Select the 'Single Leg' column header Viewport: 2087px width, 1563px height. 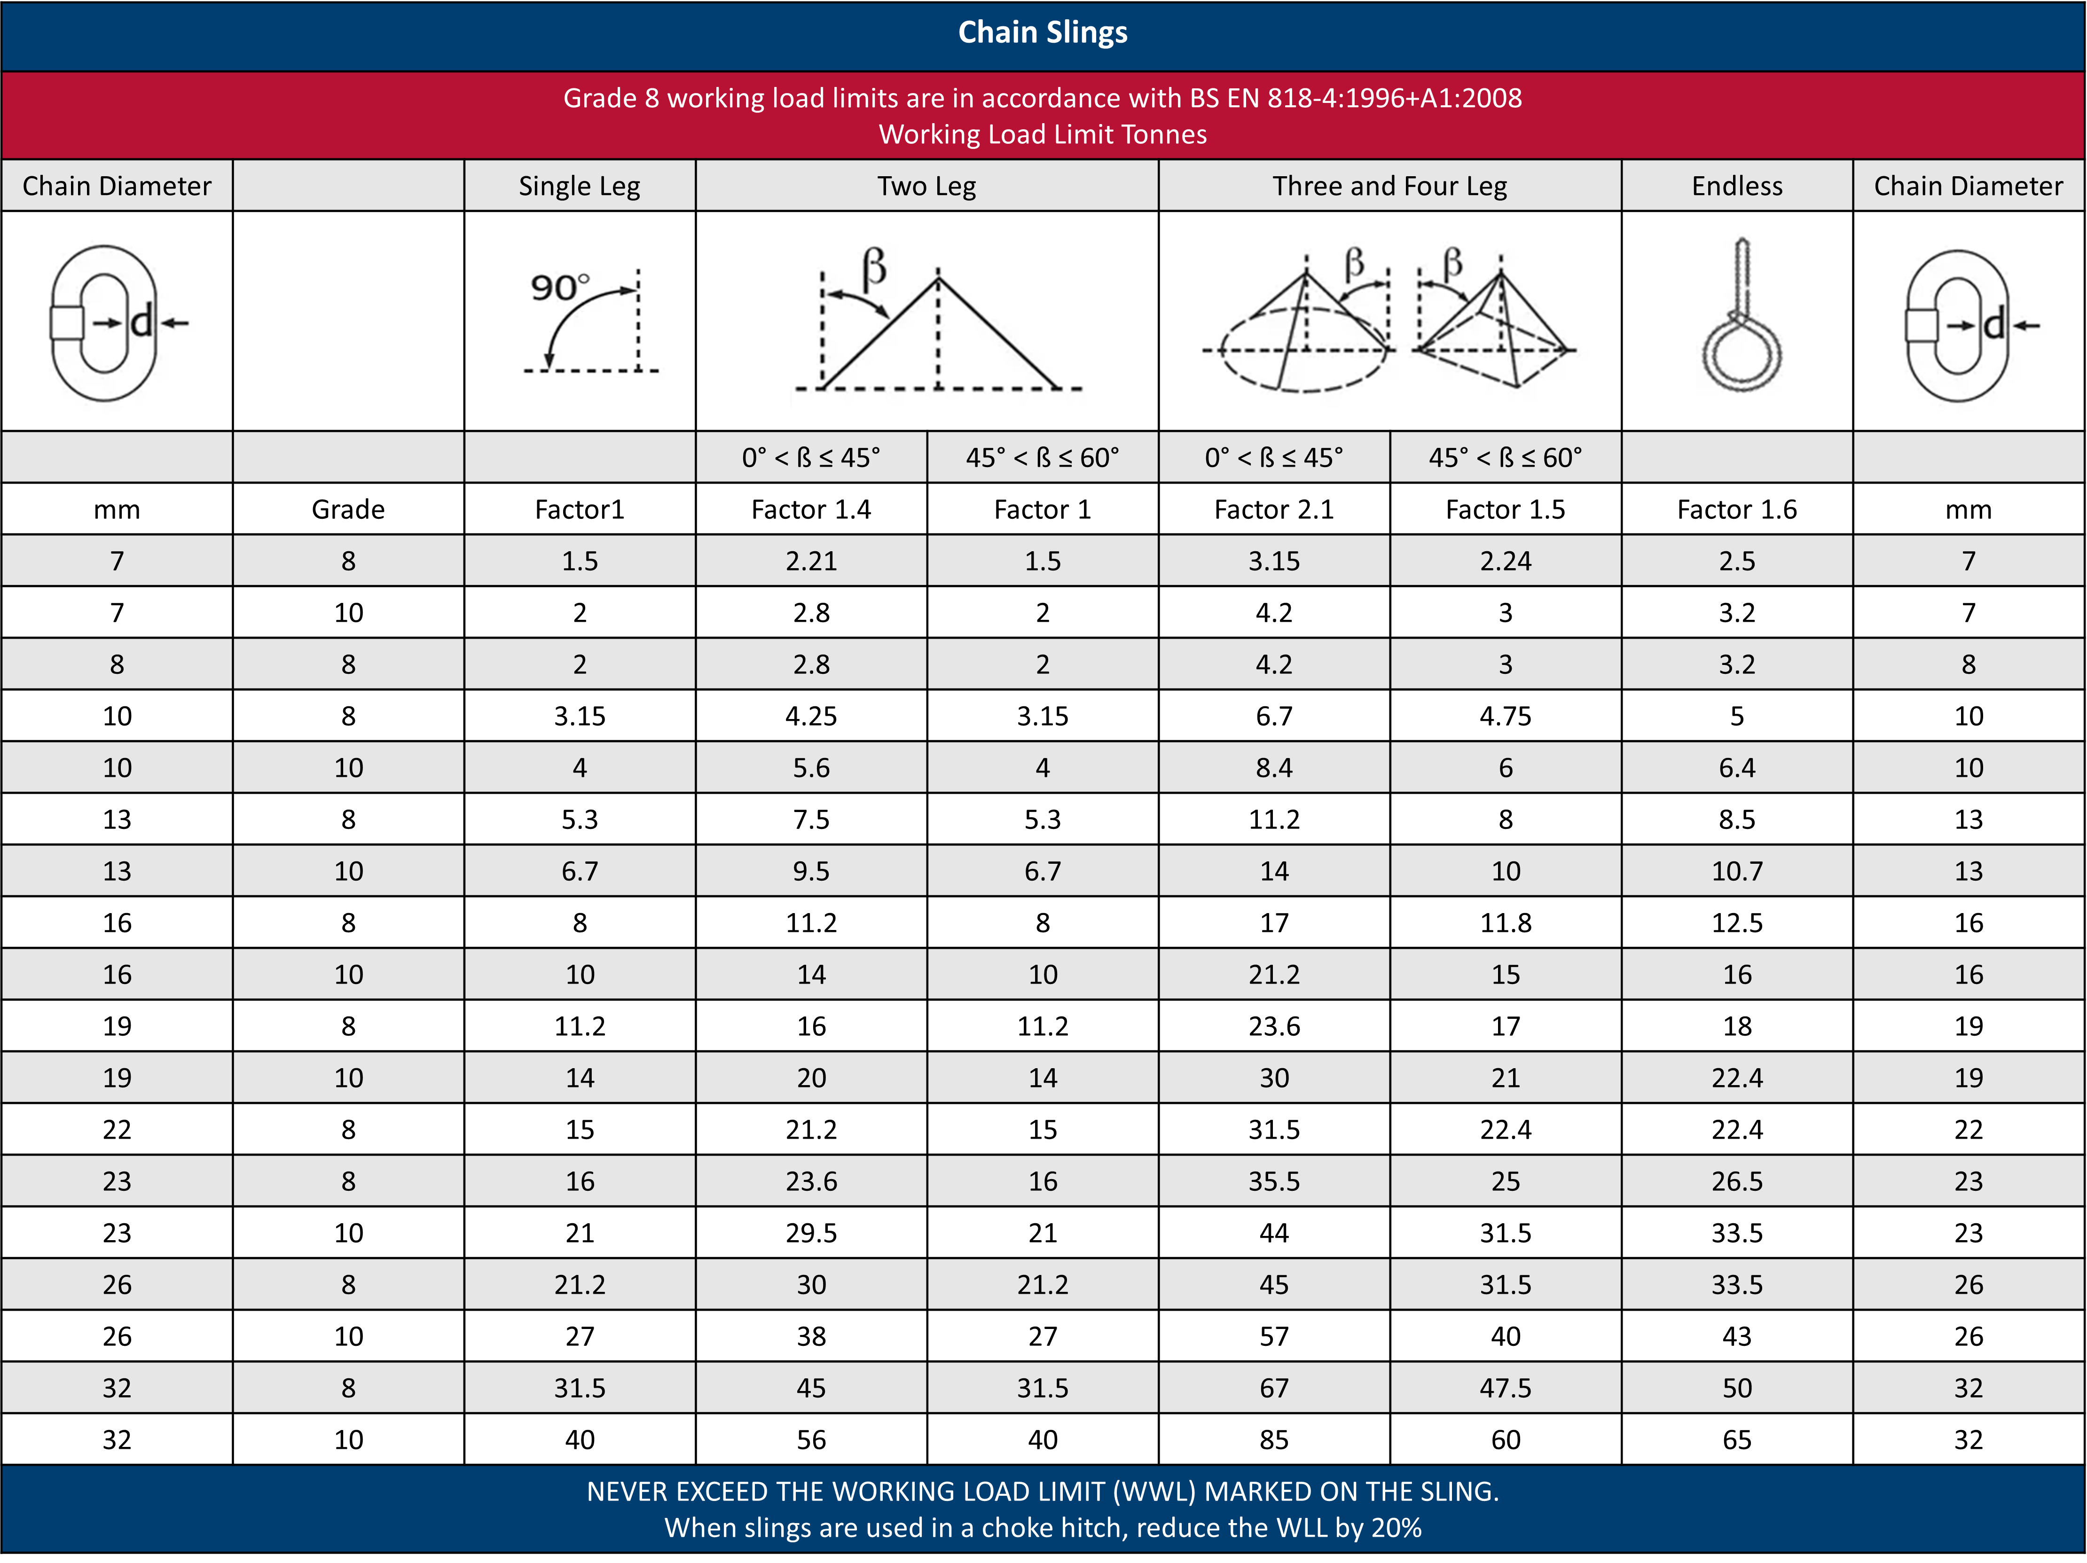pos(579,186)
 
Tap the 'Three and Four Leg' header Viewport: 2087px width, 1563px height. pos(1389,186)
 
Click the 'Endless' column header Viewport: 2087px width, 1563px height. pos(1737,186)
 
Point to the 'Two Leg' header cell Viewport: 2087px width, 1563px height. pos(926,186)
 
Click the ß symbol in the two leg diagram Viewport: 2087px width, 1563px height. pos(875,267)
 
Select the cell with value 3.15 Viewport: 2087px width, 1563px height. pos(1274,561)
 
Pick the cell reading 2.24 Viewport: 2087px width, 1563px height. pos(1505,561)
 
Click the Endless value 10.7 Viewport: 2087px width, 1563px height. pos(1737,871)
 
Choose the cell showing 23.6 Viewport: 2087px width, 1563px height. pos(811,1181)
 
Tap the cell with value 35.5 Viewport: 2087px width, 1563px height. pos(1274,1181)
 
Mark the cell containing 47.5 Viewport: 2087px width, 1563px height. pos(1505,1388)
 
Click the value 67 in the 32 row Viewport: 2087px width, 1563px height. pos(1274,1388)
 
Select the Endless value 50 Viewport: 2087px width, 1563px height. pos(1737,1388)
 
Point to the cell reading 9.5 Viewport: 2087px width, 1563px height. pos(811,871)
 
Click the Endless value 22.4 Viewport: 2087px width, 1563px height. pos(1737,1077)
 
